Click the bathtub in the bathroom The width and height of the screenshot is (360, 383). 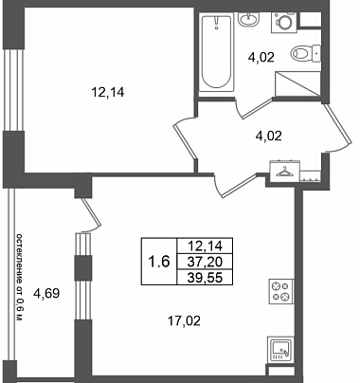point(217,52)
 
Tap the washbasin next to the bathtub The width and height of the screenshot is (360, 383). point(248,19)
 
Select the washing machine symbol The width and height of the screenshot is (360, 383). point(284,22)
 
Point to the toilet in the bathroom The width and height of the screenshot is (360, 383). point(305,53)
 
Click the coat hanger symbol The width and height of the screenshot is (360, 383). point(284,172)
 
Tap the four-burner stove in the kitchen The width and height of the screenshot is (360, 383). point(281,291)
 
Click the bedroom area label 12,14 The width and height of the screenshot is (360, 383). point(107,93)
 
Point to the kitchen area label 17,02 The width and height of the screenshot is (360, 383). point(184,321)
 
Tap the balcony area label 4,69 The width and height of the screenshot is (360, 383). point(46,294)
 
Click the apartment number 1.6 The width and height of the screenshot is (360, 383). point(159,262)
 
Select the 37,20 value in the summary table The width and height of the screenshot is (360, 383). point(205,262)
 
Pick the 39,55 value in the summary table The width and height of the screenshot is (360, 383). point(205,278)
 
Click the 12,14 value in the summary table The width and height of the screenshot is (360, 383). point(205,246)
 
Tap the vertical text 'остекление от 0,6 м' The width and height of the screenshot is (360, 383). point(20,278)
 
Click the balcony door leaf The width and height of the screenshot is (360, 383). point(91,212)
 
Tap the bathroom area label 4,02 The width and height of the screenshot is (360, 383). point(261,58)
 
